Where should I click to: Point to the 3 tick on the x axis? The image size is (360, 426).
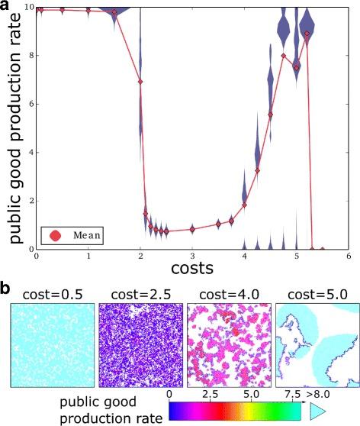(192, 256)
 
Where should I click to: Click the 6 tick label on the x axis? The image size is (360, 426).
(348, 256)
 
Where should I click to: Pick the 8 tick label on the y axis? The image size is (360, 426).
(29, 55)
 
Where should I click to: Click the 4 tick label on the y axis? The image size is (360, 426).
(29, 152)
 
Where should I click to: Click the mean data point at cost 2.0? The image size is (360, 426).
(140, 82)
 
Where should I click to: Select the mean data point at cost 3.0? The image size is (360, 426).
(192, 229)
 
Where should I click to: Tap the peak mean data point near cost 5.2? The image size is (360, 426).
(307, 34)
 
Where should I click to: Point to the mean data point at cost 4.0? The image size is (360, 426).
(244, 205)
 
